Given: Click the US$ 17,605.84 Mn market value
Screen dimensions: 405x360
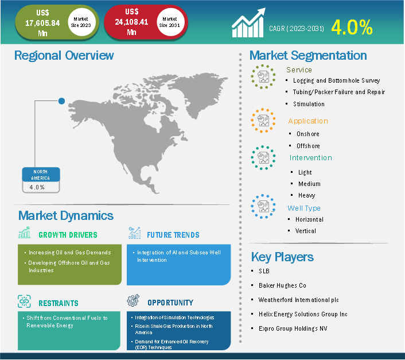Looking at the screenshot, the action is [x=42, y=23].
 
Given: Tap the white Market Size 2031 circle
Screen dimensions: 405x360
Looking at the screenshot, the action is [x=170, y=22].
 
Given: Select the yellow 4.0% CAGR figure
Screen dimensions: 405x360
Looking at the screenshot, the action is [x=352, y=27].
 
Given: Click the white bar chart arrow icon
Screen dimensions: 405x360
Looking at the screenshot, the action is [x=248, y=23].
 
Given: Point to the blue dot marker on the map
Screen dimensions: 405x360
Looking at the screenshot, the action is [x=61, y=101].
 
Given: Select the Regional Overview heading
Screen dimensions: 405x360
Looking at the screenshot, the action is [x=64, y=55].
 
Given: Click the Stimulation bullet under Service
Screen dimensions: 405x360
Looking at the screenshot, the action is [x=309, y=104].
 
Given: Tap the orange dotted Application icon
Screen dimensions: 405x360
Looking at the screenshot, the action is [x=263, y=121].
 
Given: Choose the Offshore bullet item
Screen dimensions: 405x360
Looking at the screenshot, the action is [x=308, y=146].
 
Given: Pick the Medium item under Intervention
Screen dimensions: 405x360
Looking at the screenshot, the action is [x=309, y=184].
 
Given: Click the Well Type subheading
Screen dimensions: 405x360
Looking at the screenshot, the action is [x=304, y=208].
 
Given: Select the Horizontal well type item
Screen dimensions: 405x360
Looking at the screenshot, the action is [x=309, y=219].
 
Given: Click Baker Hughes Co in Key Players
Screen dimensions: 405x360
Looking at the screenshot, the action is [x=282, y=285].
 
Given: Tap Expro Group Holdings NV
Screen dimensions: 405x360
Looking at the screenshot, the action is [x=293, y=328].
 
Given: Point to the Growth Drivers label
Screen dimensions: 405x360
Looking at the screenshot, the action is [x=68, y=235].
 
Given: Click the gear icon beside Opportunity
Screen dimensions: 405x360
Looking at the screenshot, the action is [x=133, y=300].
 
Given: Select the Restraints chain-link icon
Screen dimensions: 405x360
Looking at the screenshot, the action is [x=24, y=301].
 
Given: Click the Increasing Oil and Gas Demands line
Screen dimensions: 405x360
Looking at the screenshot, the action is [x=70, y=253].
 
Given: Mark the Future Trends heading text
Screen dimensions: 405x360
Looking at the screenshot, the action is [x=173, y=235].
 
